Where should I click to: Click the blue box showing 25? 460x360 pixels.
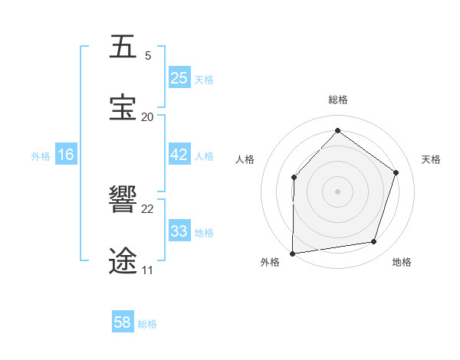(x=179, y=78)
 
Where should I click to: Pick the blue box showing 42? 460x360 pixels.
(x=179, y=155)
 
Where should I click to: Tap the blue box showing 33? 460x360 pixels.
(x=179, y=231)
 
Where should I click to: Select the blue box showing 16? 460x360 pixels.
(x=66, y=155)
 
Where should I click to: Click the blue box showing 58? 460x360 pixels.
(x=123, y=322)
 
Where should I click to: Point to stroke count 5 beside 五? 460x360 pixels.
(x=148, y=56)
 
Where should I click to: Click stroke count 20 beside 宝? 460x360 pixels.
(x=148, y=116)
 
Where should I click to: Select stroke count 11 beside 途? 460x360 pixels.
(x=147, y=270)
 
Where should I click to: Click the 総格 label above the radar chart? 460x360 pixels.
(x=338, y=100)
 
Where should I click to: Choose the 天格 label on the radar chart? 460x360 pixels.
(x=431, y=159)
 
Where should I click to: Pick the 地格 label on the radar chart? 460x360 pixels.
(x=402, y=263)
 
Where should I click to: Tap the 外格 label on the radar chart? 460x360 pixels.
(x=270, y=263)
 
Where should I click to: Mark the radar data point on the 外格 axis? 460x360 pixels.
(x=293, y=254)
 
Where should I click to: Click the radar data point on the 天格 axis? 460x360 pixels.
(x=396, y=172)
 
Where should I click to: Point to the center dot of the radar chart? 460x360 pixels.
(x=337, y=191)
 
